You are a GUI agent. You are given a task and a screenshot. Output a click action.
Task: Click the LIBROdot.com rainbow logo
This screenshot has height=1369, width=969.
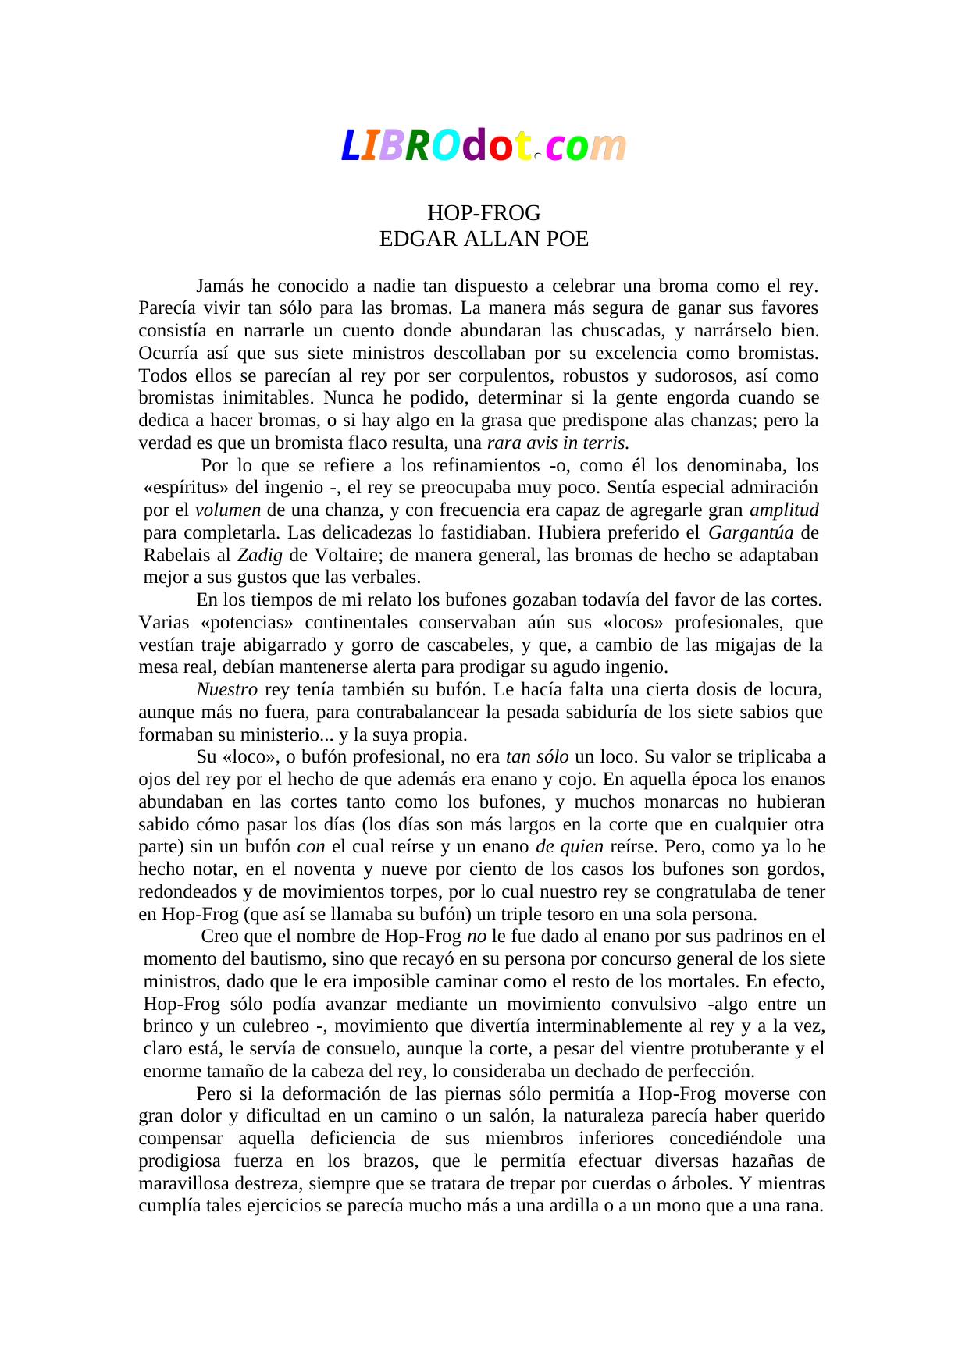coord(483,146)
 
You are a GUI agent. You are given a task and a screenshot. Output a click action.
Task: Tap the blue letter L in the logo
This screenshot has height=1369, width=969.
coord(349,147)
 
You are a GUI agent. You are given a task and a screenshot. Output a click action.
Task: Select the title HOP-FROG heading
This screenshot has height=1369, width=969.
coord(483,213)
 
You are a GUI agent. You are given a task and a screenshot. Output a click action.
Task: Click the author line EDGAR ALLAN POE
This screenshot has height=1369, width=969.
coord(483,239)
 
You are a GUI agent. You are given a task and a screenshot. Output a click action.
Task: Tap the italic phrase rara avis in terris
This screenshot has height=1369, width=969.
coord(558,443)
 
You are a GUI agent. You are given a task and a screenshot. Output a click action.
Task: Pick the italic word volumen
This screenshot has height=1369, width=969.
coord(227,510)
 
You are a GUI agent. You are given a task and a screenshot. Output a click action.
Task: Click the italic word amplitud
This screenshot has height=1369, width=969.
coord(783,510)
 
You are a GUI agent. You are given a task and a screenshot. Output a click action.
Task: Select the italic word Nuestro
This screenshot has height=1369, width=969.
coord(226,690)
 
